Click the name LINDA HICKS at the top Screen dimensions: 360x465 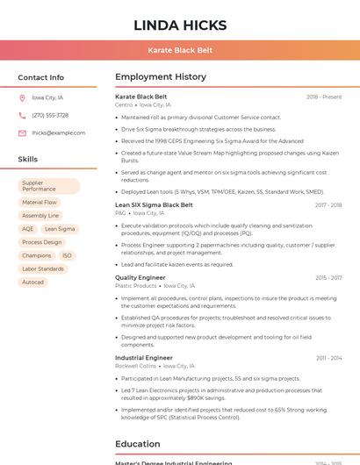coord(180,25)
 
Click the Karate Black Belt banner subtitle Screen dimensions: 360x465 coord(180,50)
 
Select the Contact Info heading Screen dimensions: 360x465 coord(40,77)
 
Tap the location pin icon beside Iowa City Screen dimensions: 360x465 coord(22,97)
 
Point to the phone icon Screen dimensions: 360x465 coord(22,115)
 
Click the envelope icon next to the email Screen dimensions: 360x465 coord(22,132)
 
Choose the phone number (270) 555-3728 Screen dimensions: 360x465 coord(50,115)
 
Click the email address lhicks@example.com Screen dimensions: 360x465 coord(58,132)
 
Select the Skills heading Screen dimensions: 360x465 coord(27,159)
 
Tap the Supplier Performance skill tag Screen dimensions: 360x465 coord(49,186)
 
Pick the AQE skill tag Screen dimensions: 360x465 coord(28,229)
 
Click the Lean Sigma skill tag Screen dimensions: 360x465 coord(60,229)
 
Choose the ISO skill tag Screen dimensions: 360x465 coord(67,255)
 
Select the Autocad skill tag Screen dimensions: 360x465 coord(33,282)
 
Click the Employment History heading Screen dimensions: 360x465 coord(160,77)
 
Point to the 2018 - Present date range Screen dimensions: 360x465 coord(324,97)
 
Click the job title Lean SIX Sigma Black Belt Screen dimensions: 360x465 coord(154,204)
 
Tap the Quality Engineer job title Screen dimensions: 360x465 coord(140,277)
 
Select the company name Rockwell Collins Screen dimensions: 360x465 coord(135,366)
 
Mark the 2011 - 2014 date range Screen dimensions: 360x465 coord(328,358)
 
